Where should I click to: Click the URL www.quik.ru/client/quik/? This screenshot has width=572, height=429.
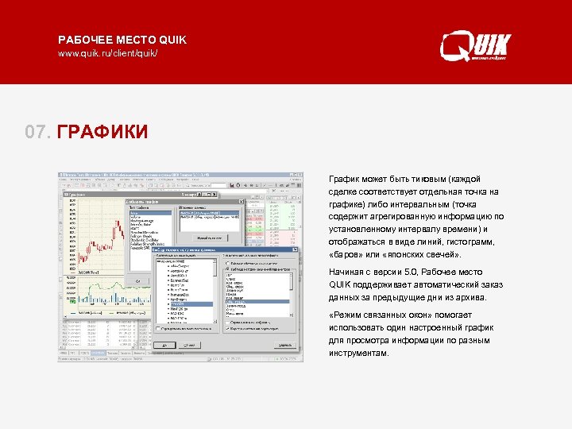click(x=107, y=53)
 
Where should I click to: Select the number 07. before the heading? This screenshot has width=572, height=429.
click(x=38, y=131)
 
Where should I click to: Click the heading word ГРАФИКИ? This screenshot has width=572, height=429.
click(x=102, y=131)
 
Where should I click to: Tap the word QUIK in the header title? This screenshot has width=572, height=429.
click(x=172, y=39)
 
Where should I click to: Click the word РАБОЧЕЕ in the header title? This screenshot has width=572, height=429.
click(x=83, y=39)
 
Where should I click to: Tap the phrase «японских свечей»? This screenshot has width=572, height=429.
click(x=423, y=254)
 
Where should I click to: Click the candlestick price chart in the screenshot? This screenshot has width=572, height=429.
click(x=87, y=230)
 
